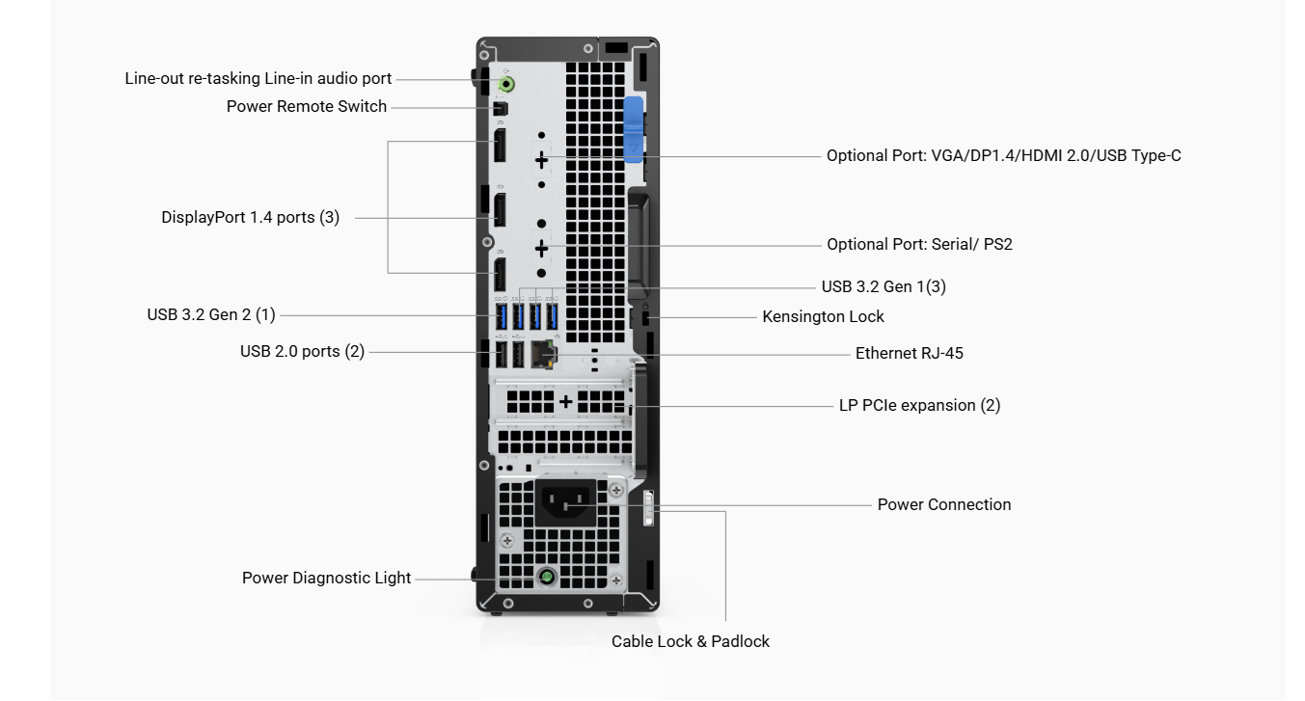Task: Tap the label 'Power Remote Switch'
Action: tap(307, 106)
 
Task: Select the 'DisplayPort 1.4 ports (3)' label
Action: tap(250, 217)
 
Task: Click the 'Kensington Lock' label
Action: tap(823, 316)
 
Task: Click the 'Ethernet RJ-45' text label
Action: tap(909, 353)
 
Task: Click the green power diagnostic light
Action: tap(547, 577)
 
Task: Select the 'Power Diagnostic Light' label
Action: tap(326, 578)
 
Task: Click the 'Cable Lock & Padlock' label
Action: tap(691, 641)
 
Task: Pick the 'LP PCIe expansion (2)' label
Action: tap(919, 405)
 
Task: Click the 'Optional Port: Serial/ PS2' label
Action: tap(919, 244)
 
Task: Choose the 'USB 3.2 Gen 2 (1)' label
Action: tap(211, 314)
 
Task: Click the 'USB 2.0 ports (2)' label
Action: tap(302, 351)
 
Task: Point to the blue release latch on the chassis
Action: tap(634, 129)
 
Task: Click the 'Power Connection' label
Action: tap(943, 504)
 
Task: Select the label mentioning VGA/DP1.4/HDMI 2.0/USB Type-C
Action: tap(1003, 155)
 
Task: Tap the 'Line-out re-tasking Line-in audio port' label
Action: tap(258, 78)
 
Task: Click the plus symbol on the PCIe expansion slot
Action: tap(565, 401)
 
